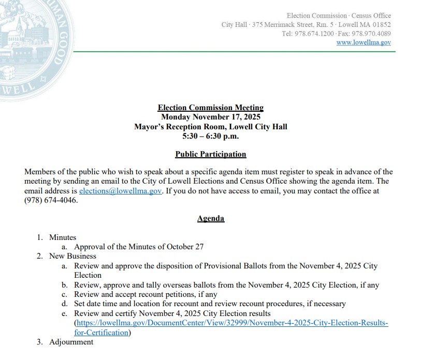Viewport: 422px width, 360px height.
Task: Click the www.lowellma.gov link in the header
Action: click(x=363, y=42)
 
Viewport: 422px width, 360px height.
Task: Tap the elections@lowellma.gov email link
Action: click(x=121, y=191)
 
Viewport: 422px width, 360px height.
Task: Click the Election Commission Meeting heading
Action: click(x=210, y=108)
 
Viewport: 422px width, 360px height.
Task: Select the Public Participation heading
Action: click(x=210, y=154)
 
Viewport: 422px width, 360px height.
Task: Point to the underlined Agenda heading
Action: click(x=210, y=218)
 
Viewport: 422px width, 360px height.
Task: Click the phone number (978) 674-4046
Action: click(x=51, y=200)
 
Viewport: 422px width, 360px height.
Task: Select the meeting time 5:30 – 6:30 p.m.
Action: click(x=210, y=136)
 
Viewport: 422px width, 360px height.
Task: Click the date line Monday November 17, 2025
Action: click(x=210, y=117)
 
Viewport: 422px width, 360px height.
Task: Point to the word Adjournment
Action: click(x=71, y=342)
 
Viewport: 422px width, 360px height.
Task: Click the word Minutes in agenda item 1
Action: click(x=63, y=237)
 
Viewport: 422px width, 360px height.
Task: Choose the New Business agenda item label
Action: click(x=72, y=256)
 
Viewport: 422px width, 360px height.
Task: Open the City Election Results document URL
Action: click(x=232, y=323)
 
